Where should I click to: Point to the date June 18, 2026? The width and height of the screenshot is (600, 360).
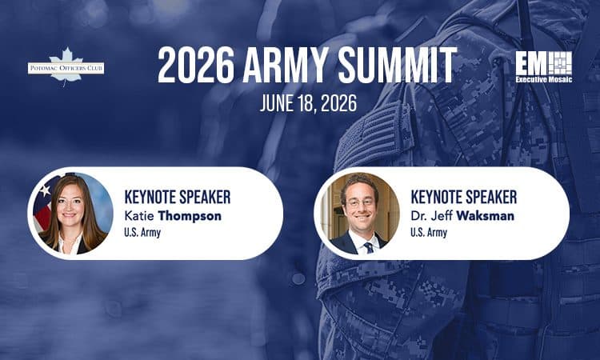pyautogui.click(x=299, y=104)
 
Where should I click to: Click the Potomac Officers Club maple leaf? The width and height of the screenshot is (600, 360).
pyautogui.click(x=66, y=58)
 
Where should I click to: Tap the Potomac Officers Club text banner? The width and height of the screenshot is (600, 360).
pyautogui.click(x=66, y=68)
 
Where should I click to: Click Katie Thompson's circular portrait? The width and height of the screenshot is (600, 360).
pyautogui.click(x=72, y=214)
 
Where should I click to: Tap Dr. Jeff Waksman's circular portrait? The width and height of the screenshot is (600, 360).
pyautogui.click(x=358, y=214)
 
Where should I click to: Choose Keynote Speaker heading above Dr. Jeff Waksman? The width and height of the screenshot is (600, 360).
pyautogui.click(x=463, y=196)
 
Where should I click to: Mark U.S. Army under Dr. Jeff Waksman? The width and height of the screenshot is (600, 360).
pyautogui.click(x=429, y=233)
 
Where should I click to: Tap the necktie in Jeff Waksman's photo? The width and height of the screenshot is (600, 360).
pyautogui.click(x=368, y=245)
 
